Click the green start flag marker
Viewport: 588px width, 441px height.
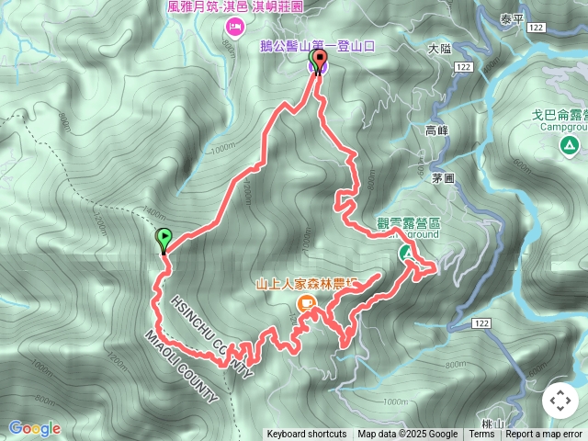(x=164, y=239)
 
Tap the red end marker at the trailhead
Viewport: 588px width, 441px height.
(x=319, y=61)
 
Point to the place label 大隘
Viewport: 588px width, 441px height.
(x=442, y=49)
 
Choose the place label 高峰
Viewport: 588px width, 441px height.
(x=437, y=130)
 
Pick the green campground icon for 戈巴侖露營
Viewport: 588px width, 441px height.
(x=571, y=145)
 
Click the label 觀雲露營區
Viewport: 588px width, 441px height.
(x=410, y=222)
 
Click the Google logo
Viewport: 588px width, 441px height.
(x=34, y=428)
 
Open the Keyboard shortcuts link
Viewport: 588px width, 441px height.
(x=306, y=435)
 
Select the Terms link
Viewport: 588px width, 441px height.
(x=481, y=435)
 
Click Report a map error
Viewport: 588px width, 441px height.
(x=544, y=435)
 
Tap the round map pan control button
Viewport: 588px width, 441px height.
(x=560, y=401)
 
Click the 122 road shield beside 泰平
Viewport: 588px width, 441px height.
(x=537, y=28)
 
